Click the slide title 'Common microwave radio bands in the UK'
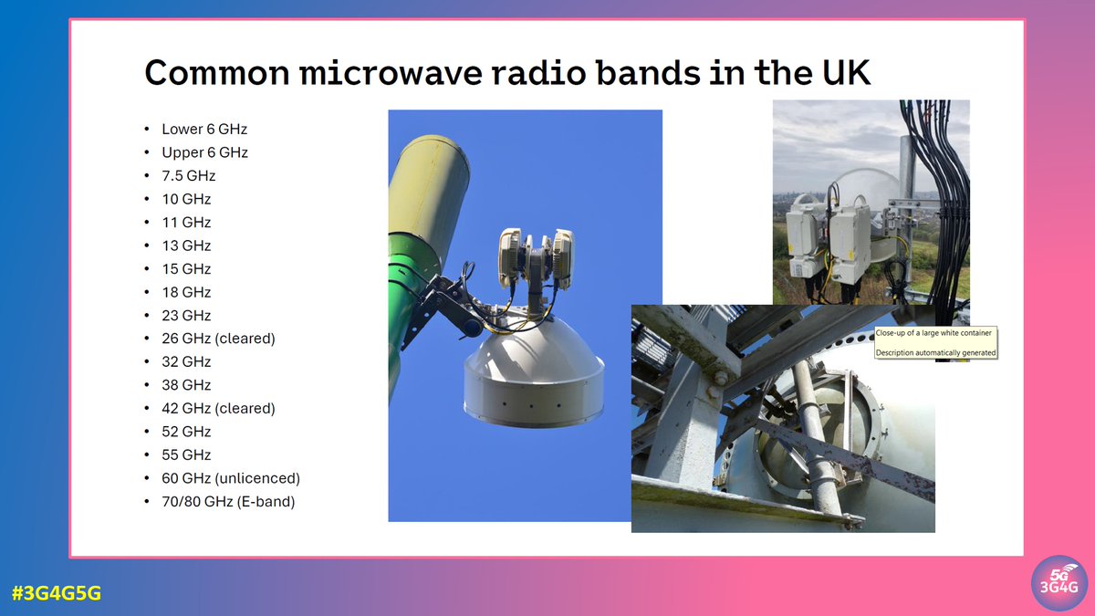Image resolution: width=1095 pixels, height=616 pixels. (506, 73)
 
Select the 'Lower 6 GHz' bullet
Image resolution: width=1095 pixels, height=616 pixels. (204, 130)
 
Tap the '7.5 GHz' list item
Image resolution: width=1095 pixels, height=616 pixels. (188, 176)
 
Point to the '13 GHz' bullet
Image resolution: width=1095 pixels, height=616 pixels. (186, 245)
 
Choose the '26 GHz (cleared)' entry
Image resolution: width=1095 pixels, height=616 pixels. (218, 339)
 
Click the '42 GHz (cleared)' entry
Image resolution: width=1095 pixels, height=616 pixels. (218, 408)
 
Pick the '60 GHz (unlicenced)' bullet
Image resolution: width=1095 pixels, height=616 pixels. (230, 478)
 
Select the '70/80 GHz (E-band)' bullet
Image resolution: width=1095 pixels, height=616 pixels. (228, 501)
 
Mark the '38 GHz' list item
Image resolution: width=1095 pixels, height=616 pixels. (186, 385)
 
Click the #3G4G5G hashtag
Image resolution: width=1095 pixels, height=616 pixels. (57, 593)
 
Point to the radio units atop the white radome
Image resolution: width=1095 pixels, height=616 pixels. (536, 253)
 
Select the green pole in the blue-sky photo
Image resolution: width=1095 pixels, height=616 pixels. (411, 301)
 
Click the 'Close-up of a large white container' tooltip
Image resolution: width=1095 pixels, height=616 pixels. (934, 342)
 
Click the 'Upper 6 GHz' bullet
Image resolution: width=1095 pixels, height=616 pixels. (204, 152)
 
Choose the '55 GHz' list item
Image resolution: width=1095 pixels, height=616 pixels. (186, 454)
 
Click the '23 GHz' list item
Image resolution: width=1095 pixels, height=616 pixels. (186, 316)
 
